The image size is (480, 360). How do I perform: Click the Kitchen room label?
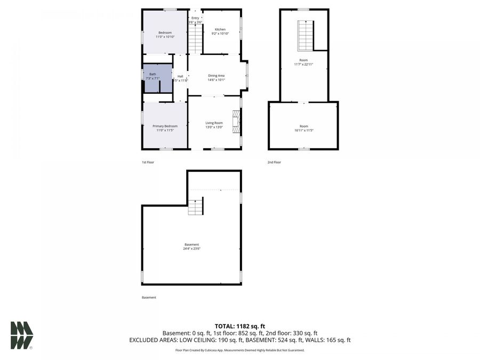tap(220, 31)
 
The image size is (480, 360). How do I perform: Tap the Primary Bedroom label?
tap(165, 128)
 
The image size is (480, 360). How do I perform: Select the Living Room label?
tap(214, 125)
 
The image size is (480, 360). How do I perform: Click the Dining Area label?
tap(216, 78)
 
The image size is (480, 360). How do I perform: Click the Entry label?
tap(195, 20)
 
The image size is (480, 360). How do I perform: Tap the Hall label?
tap(180, 78)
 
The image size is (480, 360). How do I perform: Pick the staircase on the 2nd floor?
tap(305, 36)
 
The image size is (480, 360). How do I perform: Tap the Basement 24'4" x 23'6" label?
tap(191, 246)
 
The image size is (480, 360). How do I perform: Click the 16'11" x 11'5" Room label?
tap(303, 128)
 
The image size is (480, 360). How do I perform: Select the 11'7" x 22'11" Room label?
tap(303, 62)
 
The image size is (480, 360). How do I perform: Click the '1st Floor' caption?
tap(148, 162)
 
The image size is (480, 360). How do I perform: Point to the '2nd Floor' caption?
tap(274, 162)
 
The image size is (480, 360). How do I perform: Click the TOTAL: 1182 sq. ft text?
tap(239, 326)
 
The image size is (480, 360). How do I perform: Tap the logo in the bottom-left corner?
tap(21, 335)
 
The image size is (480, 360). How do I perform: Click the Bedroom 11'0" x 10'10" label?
tap(165, 35)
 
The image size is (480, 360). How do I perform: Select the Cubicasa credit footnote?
tap(239, 350)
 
